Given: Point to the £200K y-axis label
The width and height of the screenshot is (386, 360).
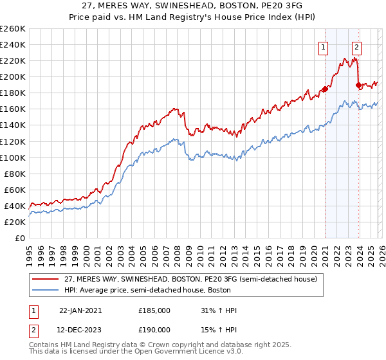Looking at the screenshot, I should click(x=13, y=76).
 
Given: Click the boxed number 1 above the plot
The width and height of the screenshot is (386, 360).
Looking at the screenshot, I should click(x=322, y=46).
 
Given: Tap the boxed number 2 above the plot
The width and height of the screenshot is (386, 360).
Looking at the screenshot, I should click(x=356, y=46).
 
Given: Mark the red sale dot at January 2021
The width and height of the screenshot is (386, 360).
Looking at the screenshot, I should click(x=325, y=89).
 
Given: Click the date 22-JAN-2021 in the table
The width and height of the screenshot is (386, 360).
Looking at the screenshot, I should click(x=80, y=310).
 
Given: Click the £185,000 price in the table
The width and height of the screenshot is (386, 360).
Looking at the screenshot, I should click(x=154, y=310).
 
